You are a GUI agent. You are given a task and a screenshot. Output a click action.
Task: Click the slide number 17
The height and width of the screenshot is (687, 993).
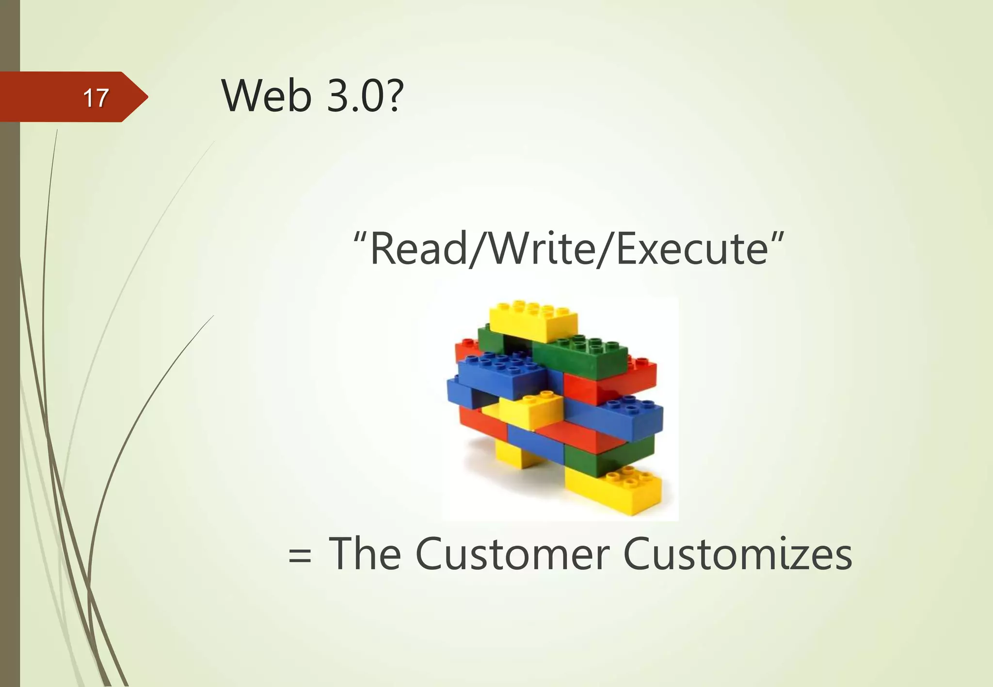pos(96,98)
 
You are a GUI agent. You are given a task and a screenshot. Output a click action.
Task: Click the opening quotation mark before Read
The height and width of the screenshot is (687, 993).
pos(359,237)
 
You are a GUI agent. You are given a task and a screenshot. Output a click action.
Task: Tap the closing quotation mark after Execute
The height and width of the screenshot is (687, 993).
pos(776,237)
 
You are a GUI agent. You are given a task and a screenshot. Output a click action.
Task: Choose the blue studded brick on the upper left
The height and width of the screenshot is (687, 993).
pos(499,375)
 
